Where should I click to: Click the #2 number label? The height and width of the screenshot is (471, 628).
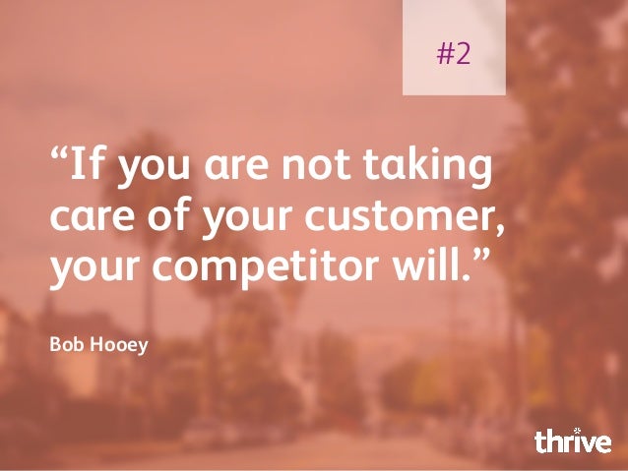(x=454, y=53)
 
